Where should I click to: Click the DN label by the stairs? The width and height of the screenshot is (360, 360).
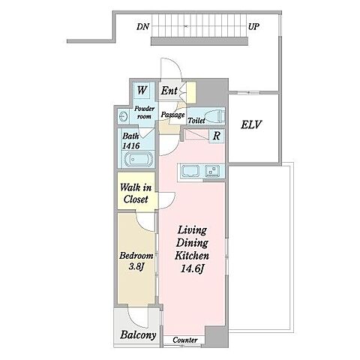(142, 26)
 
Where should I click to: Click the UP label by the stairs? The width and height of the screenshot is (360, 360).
(253, 26)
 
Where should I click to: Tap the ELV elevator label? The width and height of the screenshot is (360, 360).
(251, 124)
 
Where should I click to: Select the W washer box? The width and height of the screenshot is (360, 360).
(142, 90)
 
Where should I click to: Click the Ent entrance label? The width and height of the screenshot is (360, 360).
(169, 91)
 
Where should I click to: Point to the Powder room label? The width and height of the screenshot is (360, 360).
(145, 112)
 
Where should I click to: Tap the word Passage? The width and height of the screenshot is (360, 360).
(172, 115)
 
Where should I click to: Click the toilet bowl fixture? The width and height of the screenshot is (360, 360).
(215, 115)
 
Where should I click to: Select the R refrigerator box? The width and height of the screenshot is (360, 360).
(217, 136)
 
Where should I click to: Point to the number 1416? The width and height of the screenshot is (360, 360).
(130, 145)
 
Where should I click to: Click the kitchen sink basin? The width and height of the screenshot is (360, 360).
(190, 171)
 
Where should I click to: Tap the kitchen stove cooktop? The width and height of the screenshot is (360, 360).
(212, 170)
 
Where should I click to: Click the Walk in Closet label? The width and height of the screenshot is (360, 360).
(136, 193)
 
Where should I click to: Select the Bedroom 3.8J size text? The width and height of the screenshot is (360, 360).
(136, 261)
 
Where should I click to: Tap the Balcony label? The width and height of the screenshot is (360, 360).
(138, 335)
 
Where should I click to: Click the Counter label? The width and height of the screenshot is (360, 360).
(185, 340)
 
